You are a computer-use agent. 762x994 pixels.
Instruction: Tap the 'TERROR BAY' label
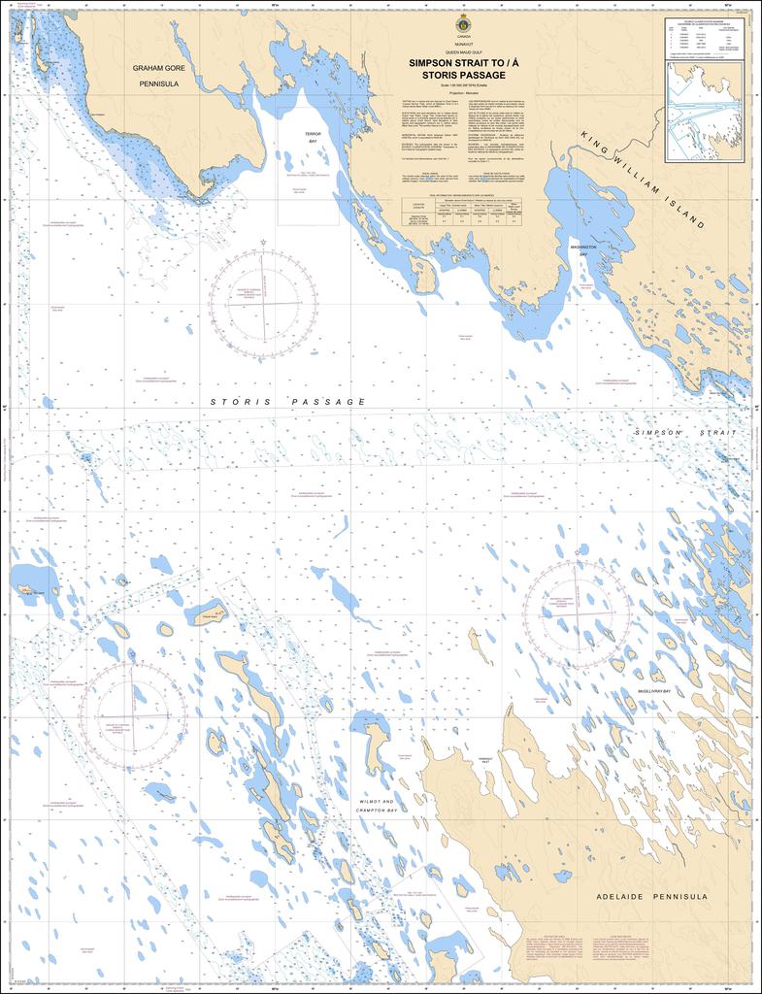tap(313, 137)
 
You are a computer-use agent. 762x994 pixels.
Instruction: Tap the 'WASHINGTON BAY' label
tap(583, 251)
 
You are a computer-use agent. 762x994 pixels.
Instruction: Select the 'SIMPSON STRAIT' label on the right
tap(684, 432)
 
